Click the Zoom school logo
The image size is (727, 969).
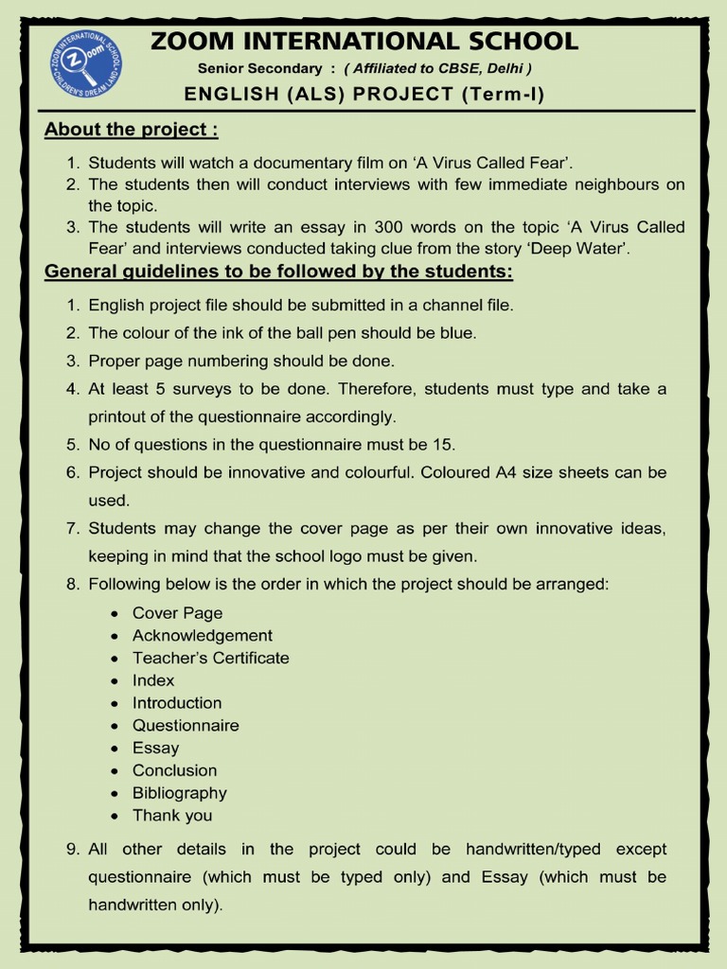(x=86, y=64)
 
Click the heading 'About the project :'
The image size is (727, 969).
(x=131, y=130)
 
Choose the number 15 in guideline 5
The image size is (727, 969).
(x=444, y=444)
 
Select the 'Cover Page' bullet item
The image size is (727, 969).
(x=177, y=613)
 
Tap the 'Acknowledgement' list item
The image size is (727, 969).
(x=202, y=636)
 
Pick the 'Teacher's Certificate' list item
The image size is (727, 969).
(x=210, y=658)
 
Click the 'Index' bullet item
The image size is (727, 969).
(x=153, y=680)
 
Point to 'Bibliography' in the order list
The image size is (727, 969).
(x=179, y=793)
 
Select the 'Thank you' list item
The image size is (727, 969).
(x=172, y=816)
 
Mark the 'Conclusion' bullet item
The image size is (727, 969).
(x=174, y=770)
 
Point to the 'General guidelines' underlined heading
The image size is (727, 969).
(x=278, y=273)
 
